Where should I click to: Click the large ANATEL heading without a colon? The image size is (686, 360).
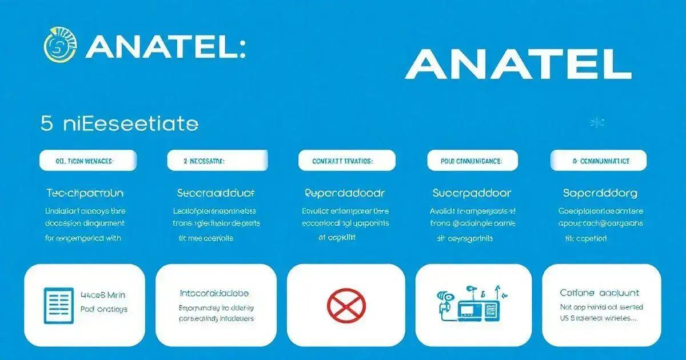click(518, 65)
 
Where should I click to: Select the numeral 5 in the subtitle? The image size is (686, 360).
click(46, 123)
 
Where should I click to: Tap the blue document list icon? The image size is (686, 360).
click(59, 305)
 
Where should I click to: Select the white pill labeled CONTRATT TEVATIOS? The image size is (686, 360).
click(346, 161)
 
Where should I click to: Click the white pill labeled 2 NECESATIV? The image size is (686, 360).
click(217, 161)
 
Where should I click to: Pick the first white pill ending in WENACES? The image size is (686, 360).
click(87, 161)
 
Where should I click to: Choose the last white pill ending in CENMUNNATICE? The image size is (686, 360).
click(598, 161)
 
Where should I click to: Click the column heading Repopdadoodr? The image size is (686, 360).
click(345, 193)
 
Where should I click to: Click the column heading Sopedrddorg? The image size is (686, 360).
click(600, 193)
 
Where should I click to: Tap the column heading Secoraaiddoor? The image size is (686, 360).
click(216, 193)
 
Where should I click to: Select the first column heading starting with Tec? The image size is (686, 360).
click(85, 193)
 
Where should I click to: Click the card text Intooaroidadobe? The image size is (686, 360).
click(214, 293)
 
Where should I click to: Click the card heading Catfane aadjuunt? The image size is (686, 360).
click(599, 293)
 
